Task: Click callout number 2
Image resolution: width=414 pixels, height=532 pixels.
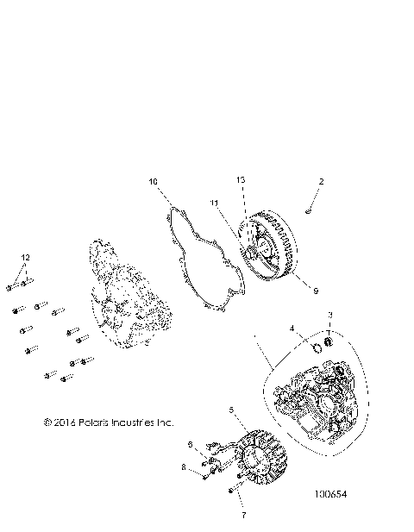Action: click(x=321, y=182)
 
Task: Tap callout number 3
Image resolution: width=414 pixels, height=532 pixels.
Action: click(x=329, y=315)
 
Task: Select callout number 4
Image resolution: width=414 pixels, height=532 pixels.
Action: click(x=292, y=329)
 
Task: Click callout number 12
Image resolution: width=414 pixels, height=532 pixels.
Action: click(x=25, y=258)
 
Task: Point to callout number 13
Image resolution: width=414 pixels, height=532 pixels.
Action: click(x=241, y=203)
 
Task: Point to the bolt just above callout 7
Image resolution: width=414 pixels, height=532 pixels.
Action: click(x=231, y=491)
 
